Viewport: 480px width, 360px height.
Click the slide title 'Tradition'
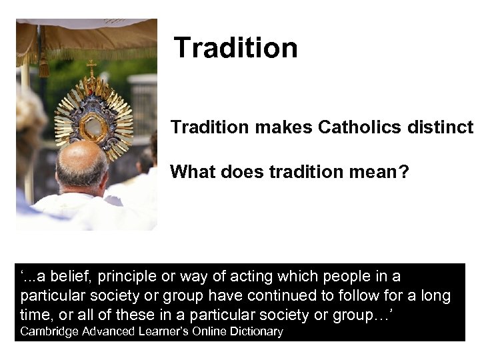235,48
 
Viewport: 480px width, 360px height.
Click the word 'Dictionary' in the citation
258,331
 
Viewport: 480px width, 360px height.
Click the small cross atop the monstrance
91,66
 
